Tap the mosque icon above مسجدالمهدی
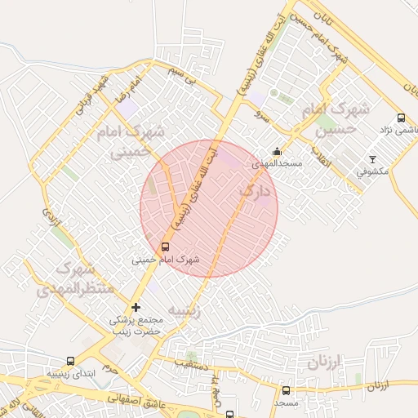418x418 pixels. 277,151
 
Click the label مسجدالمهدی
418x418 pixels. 277,163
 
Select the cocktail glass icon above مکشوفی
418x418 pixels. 374,158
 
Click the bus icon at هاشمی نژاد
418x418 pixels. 400,118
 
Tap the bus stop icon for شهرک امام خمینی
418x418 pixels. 165,247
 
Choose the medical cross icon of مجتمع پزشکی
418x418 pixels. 136,307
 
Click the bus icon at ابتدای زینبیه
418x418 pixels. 69,361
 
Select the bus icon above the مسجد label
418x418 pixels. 286,390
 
